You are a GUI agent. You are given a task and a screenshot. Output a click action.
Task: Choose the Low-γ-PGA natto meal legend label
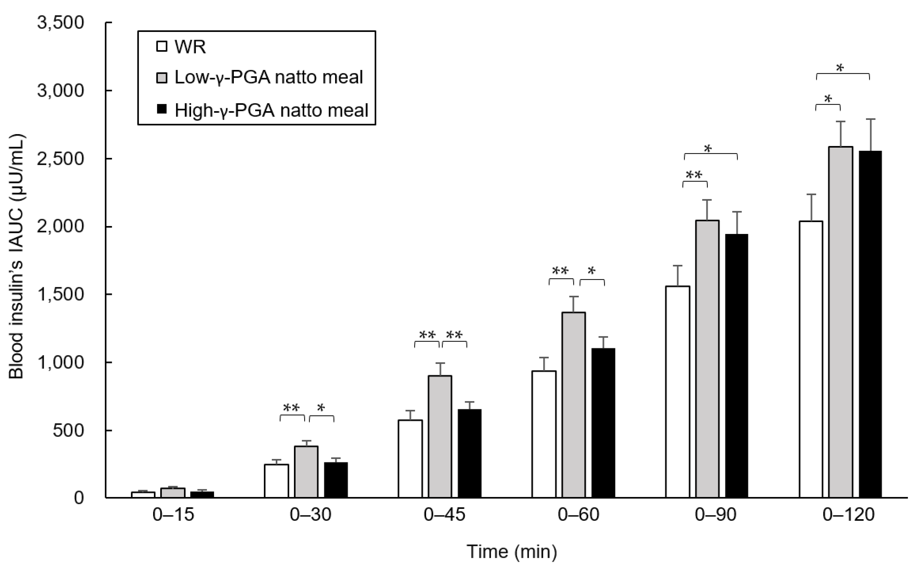point(268,77)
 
